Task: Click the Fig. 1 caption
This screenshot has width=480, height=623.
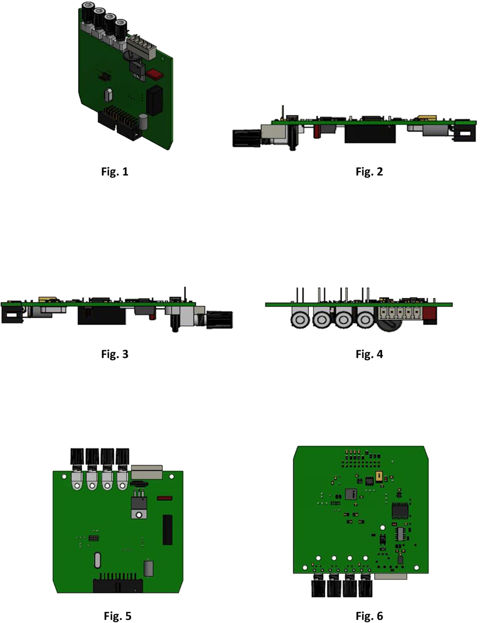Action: click(115, 171)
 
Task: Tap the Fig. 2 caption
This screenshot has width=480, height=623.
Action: click(369, 171)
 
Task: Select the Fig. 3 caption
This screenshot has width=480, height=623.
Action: click(115, 354)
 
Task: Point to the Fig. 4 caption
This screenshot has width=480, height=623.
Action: click(369, 354)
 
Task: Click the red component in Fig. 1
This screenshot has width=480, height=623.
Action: click(154, 73)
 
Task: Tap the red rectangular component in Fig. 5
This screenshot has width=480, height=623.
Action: click(165, 498)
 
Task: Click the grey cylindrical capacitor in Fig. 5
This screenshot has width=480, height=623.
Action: click(148, 568)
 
